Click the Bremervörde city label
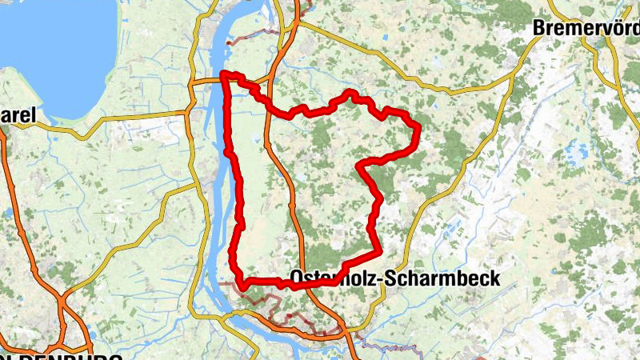[586, 27]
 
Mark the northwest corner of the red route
[224, 74]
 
